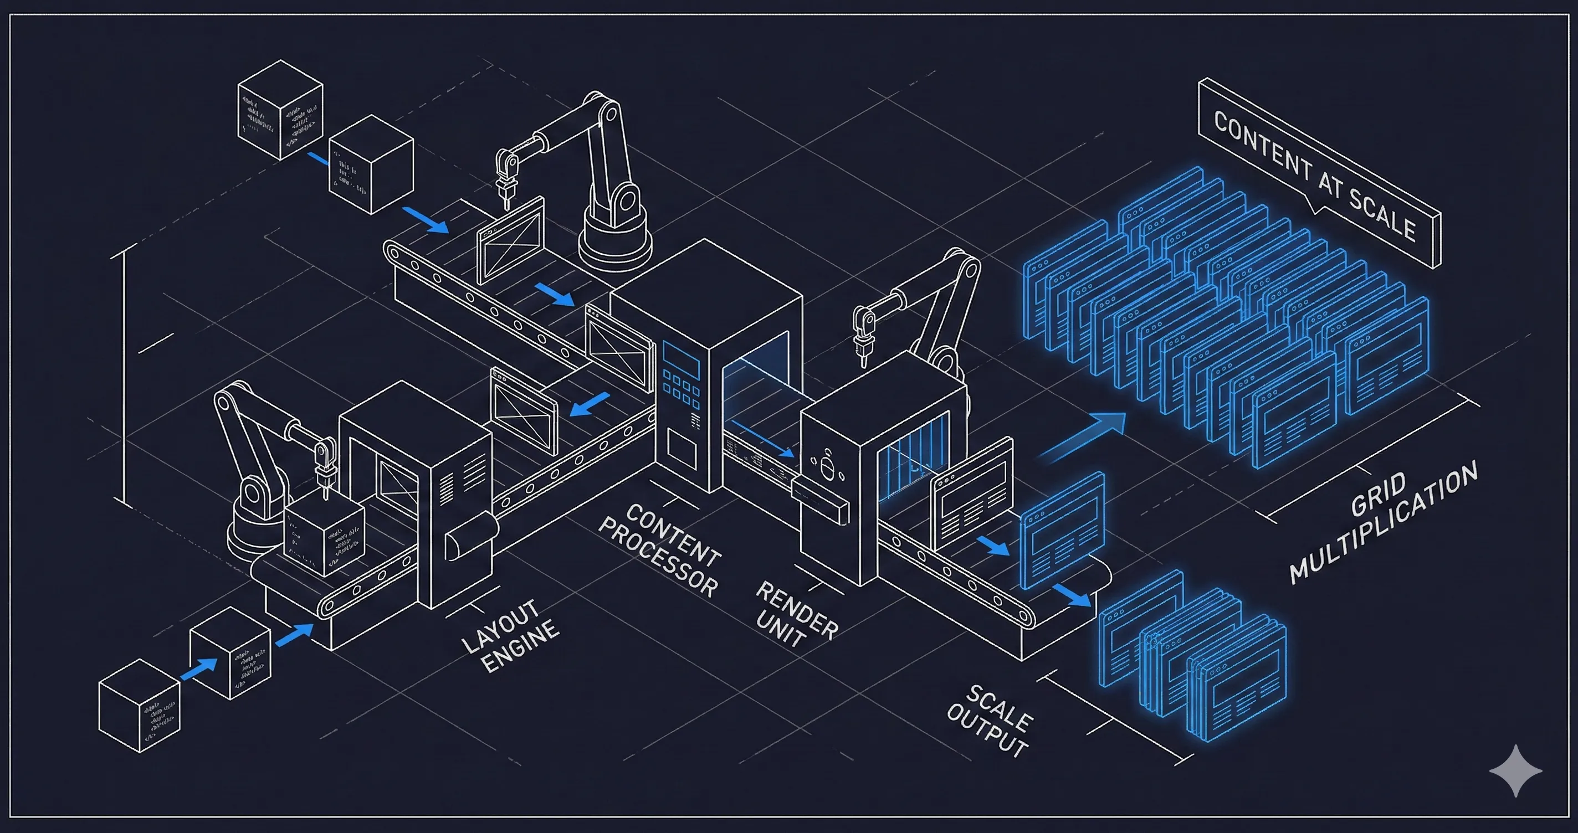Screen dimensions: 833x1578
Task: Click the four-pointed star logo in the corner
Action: coord(1515,770)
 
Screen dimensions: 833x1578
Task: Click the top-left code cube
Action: coord(280,110)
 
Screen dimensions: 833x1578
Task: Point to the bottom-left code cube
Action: coord(140,706)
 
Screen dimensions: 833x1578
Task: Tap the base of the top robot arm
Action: coord(614,243)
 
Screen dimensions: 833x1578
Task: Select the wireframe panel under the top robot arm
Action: coord(510,239)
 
